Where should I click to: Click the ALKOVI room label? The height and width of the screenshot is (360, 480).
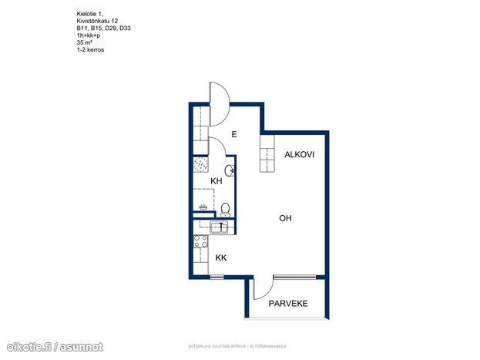coord(299,154)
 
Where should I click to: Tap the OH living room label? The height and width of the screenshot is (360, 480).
coord(285,218)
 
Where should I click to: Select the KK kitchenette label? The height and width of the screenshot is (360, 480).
coord(221,257)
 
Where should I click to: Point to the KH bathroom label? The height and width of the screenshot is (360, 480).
coord(217,181)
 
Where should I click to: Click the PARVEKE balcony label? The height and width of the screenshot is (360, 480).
coord(288,303)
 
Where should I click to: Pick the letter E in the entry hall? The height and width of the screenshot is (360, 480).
coord(234,134)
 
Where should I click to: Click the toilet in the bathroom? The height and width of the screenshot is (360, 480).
coord(225,210)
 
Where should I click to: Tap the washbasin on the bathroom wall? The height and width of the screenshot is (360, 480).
coord(230,170)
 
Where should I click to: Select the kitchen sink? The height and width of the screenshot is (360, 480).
coord(219,227)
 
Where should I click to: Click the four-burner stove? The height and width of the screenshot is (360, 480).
coord(201,241)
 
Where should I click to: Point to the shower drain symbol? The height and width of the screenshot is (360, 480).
coord(203,207)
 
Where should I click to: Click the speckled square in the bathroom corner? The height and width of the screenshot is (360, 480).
coord(201,164)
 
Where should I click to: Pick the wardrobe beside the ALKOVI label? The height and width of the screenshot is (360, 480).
coord(267,153)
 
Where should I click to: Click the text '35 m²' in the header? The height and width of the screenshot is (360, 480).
coord(85,42)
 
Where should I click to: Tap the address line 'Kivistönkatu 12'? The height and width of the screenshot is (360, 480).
coord(97,21)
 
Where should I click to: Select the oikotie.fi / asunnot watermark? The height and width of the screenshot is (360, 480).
coord(55,347)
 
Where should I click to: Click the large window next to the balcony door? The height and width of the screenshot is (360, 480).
coord(294,277)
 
